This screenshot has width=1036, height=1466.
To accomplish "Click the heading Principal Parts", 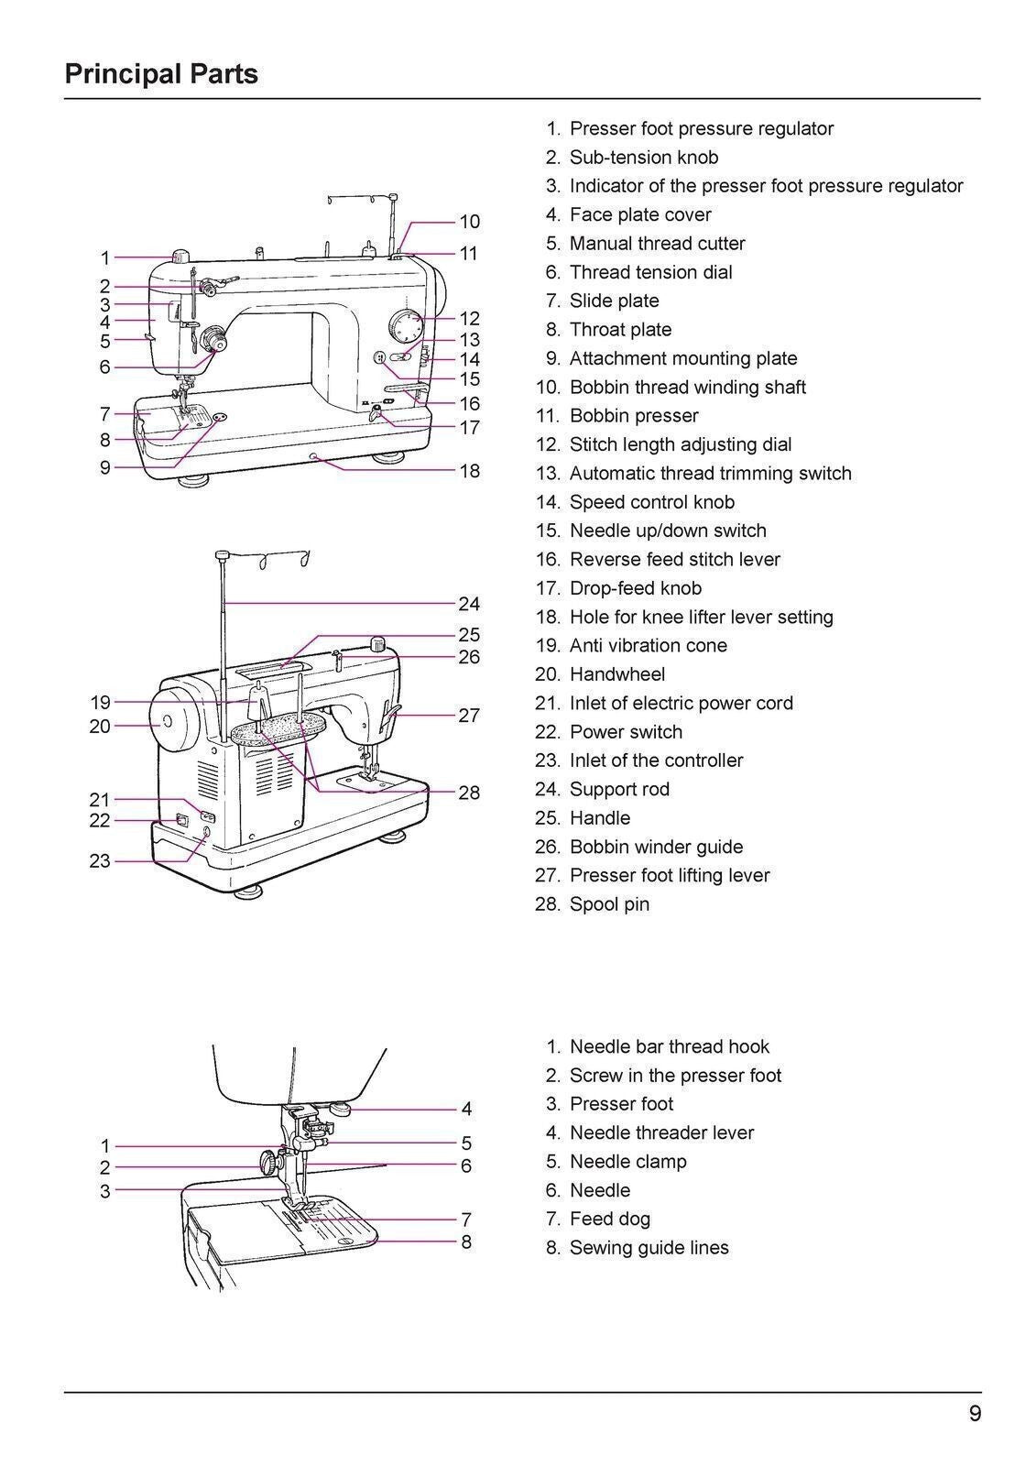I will point(161,73).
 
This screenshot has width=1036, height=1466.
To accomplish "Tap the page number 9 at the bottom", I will point(975,1414).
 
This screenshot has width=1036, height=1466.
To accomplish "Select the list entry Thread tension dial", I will point(650,272).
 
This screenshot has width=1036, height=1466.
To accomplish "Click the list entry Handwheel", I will point(616,674).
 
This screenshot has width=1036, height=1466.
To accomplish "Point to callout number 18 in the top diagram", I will point(469,471).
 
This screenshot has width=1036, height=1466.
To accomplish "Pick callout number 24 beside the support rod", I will point(469,604).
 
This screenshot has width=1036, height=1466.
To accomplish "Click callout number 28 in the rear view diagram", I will point(469,793).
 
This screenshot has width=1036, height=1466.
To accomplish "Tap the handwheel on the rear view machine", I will point(173,722).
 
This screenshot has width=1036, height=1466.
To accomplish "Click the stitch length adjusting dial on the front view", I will point(406,326).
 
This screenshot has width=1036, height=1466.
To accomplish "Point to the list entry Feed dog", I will point(609,1219).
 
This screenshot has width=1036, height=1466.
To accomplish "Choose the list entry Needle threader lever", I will point(661,1132).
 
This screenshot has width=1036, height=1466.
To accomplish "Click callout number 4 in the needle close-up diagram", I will point(466,1109).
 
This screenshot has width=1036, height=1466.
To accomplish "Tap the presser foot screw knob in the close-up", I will point(269,1164).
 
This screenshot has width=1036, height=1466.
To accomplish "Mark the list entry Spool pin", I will point(609,904).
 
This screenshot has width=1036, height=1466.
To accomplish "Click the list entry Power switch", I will point(626,732).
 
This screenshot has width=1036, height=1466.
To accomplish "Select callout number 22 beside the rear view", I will point(100,821).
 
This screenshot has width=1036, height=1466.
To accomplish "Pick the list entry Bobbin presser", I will point(633,416).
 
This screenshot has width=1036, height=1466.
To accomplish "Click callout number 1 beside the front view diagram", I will point(105,258).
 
